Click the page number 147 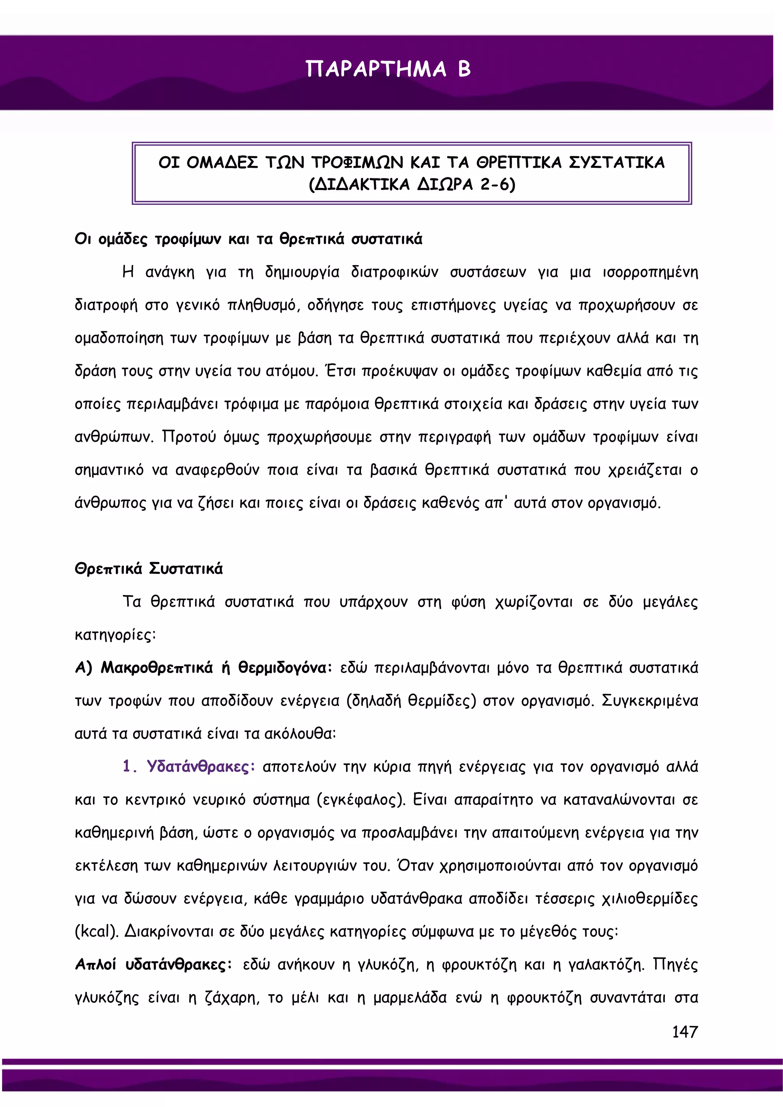pyautogui.click(x=685, y=1032)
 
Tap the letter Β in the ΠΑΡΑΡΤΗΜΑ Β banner pyautogui.click(x=464, y=70)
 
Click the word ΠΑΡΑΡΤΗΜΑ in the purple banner pyautogui.click(x=376, y=70)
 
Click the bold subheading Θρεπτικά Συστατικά pyautogui.click(x=149, y=569)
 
